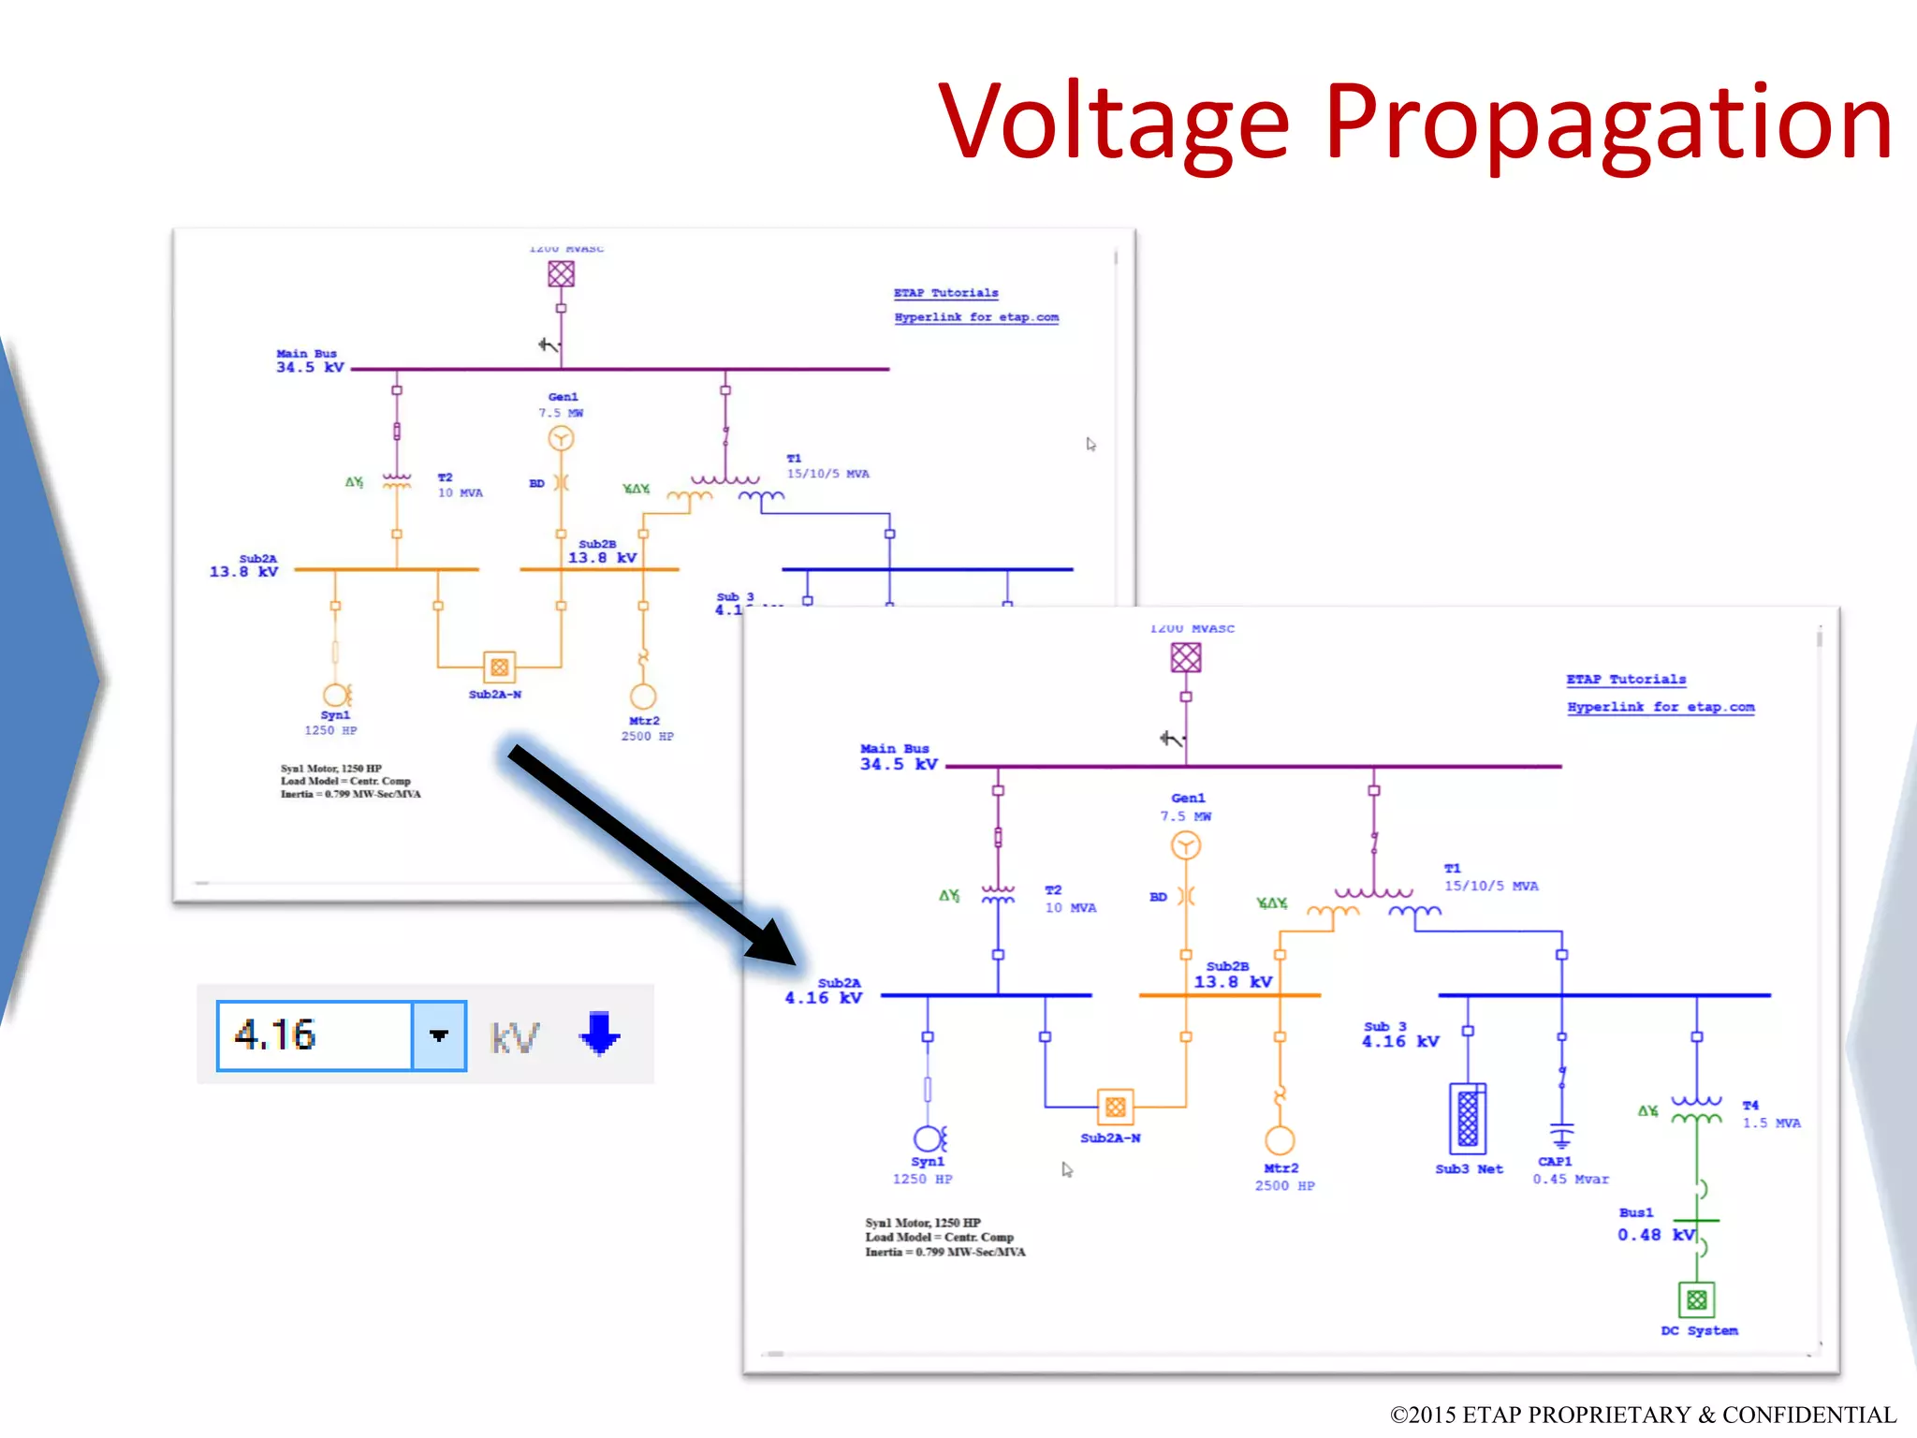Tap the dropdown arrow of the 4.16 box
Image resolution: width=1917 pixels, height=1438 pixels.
tap(439, 1035)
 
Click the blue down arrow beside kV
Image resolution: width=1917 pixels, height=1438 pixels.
tap(599, 1034)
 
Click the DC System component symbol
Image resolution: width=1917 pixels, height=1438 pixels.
tap(1696, 1299)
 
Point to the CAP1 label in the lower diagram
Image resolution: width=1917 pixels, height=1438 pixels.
tap(1555, 1162)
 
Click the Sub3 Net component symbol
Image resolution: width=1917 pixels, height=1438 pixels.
tap(1468, 1118)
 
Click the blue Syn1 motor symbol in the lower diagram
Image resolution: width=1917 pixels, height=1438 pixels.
tap(928, 1138)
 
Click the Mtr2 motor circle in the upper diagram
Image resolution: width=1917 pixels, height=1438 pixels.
tap(643, 697)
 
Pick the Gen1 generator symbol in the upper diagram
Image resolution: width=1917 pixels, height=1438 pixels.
tap(561, 438)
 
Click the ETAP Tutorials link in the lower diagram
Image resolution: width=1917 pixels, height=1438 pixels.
tap(1626, 680)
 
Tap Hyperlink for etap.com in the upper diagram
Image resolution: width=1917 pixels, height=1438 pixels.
tap(976, 317)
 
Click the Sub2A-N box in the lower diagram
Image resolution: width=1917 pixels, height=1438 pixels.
tap(1115, 1108)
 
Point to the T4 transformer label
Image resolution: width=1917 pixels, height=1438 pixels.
tap(1750, 1106)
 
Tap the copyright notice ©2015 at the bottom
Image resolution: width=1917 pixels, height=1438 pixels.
tap(1643, 1415)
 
